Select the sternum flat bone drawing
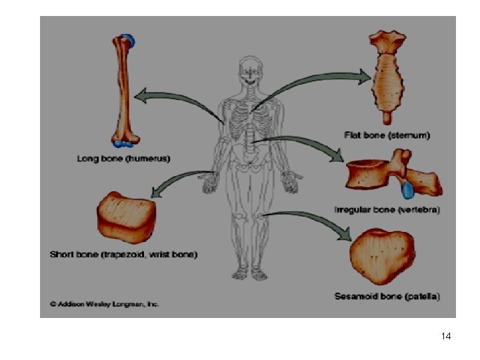(x=387, y=73)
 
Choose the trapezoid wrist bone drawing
(x=127, y=217)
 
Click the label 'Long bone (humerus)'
(x=123, y=159)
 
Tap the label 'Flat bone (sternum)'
(x=387, y=135)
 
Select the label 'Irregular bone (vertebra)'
(x=387, y=210)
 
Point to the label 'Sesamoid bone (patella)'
(x=388, y=295)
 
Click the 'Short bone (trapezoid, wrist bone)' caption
(x=123, y=254)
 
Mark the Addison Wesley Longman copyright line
(x=105, y=303)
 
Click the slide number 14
(x=446, y=337)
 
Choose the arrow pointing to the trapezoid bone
(x=177, y=180)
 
